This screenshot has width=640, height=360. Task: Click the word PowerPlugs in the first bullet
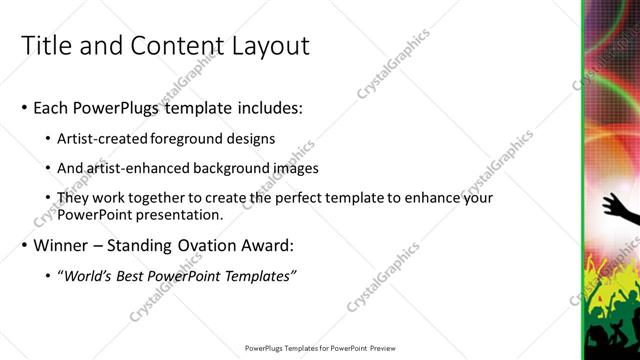(119, 107)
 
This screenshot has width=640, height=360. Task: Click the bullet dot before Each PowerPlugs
(24, 108)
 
